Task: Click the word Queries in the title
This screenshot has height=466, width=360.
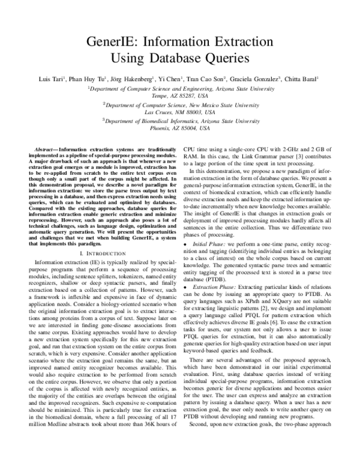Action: coord(219,59)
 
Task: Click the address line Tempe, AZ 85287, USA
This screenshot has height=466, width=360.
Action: coord(180,95)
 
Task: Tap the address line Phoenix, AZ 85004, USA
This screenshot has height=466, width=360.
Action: coord(180,129)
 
